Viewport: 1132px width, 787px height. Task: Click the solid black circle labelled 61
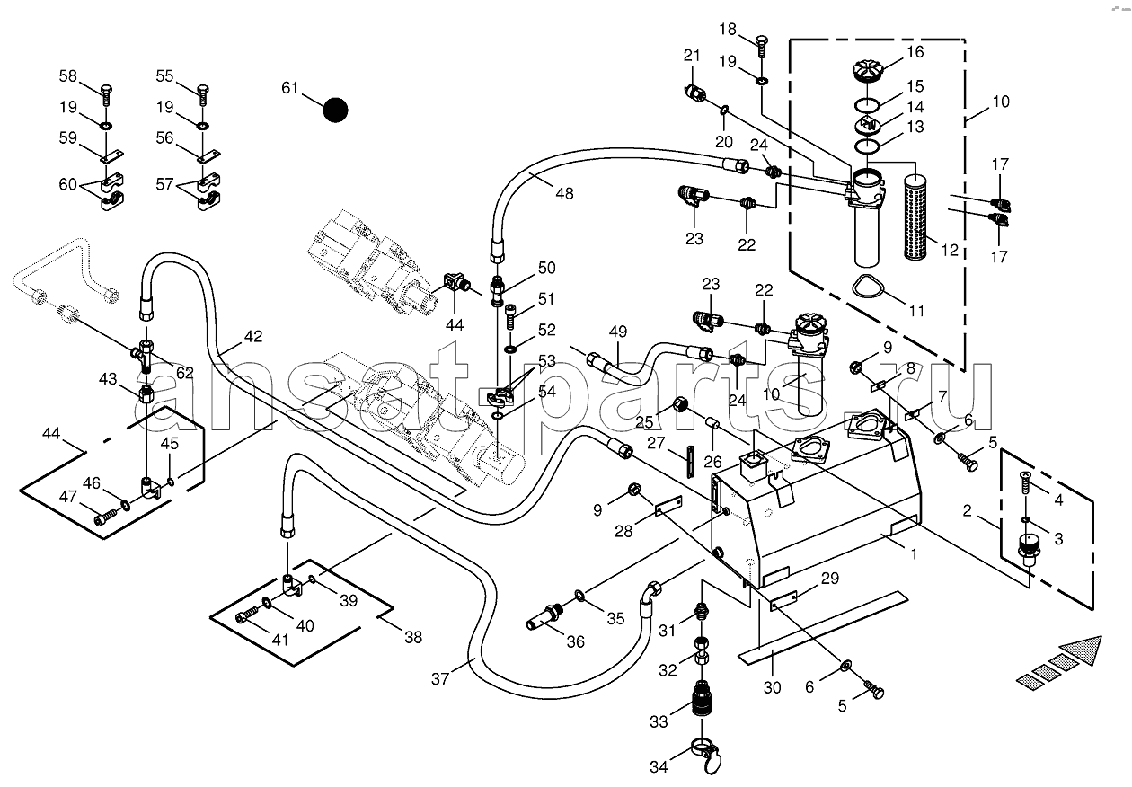pos(335,110)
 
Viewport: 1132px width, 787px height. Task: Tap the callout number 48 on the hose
pos(564,193)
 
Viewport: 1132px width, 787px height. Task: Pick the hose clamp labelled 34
pos(705,756)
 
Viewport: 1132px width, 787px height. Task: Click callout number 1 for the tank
pos(913,554)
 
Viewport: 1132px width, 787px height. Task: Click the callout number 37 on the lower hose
pos(439,678)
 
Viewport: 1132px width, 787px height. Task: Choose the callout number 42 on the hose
pos(253,336)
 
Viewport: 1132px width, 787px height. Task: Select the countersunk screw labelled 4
pos(1025,483)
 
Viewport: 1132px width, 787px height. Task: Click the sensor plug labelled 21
pos(694,94)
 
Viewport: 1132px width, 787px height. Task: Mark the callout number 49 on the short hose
pos(617,332)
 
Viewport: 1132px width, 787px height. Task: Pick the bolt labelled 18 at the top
pos(762,47)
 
